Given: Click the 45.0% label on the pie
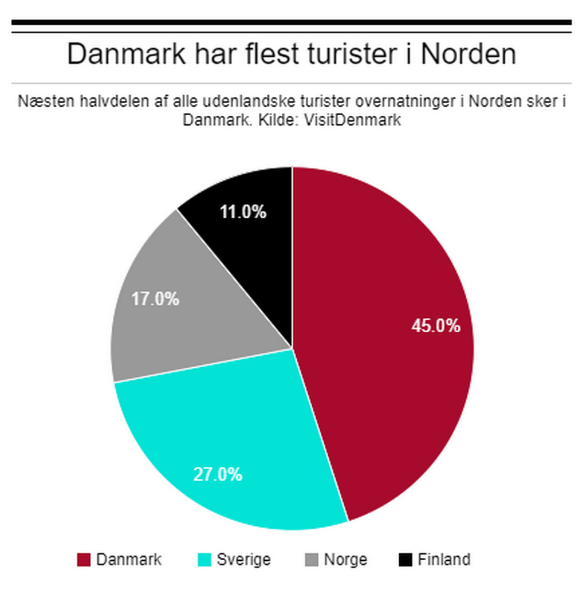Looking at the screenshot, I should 435,326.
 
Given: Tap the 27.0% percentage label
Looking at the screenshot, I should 218,474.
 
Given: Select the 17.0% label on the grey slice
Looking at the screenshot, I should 155,298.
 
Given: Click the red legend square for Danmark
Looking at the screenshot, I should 83,560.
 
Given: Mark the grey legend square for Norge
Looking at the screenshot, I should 311,560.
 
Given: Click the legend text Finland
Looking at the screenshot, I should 443,560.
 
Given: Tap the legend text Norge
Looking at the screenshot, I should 345,560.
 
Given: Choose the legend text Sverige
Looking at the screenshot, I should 243,560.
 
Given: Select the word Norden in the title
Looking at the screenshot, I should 468,54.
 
